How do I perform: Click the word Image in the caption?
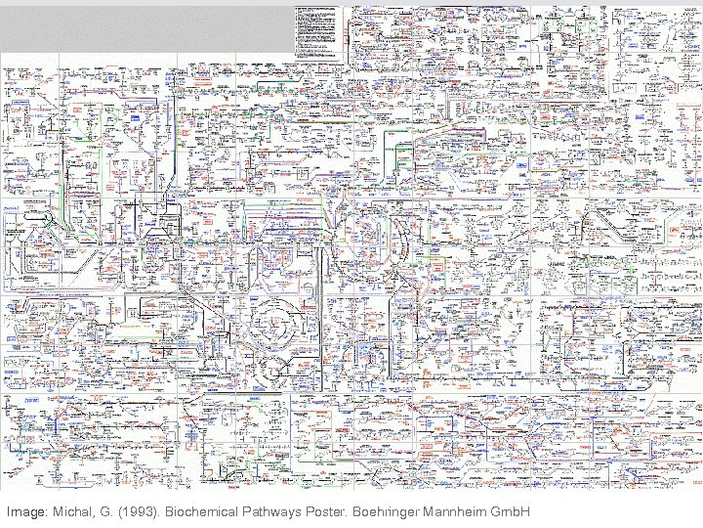24,511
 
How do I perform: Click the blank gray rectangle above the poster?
145,27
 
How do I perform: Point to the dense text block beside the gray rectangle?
318,27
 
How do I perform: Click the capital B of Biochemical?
170,511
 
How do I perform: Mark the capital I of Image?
8,511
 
